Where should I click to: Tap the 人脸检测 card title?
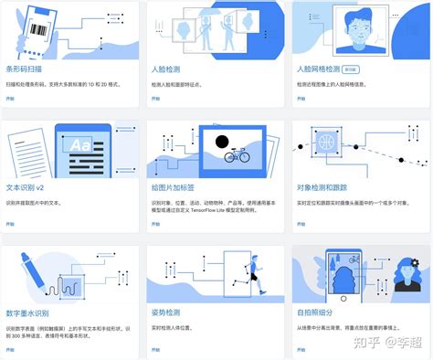coord(166,68)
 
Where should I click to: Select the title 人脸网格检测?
coord(316,68)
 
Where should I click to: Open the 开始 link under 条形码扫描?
coord(11,97)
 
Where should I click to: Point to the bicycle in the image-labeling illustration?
coord(237,156)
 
